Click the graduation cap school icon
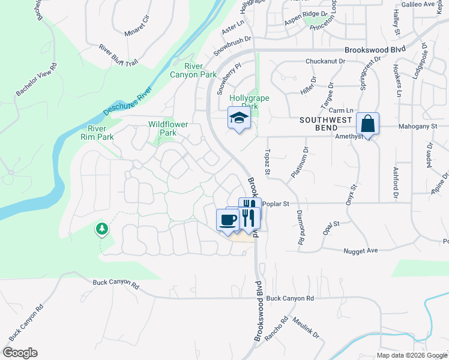pos(238,118)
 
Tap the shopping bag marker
pos(367,124)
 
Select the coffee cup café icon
pos(228,219)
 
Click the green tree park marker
pos(102,229)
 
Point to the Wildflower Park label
pos(168,128)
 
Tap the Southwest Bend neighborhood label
pos(325,124)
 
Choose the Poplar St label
pos(276,204)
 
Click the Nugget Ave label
pos(360,250)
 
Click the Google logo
pos(20,353)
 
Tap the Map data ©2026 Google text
pos(411,355)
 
